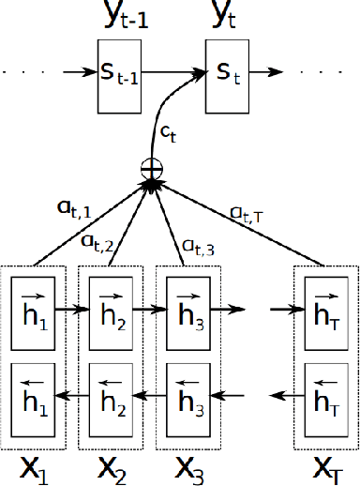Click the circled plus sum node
tap(149, 170)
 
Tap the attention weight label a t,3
tap(195, 248)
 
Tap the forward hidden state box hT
tap(326, 307)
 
